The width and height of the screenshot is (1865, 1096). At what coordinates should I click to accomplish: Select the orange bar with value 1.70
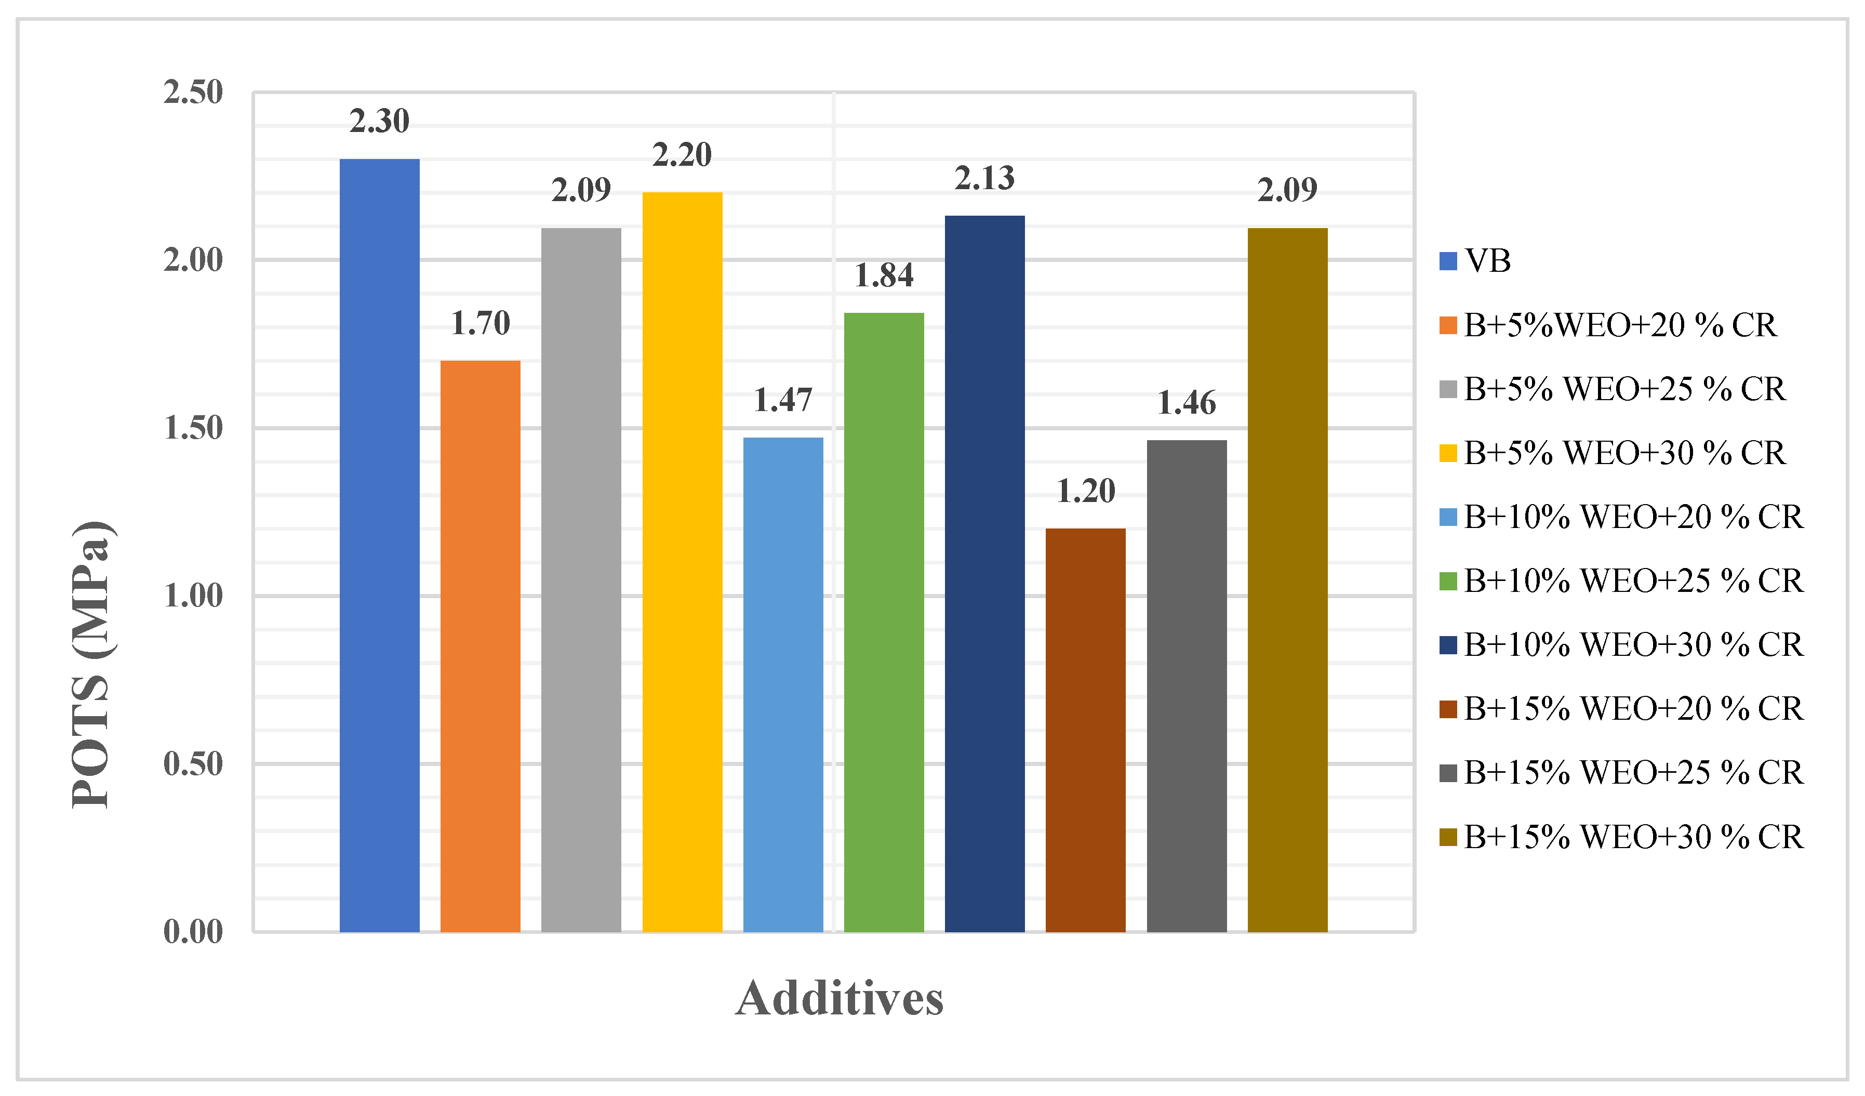(x=481, y=646)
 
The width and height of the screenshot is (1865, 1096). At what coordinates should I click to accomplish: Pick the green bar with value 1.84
(x=884, y=622)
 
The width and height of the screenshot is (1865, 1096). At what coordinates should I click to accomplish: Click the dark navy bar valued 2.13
(x=984, y=573)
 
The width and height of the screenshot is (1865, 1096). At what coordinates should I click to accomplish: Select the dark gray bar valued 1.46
(x=1187, y=686)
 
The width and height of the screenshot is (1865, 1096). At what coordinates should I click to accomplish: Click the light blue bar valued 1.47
(x=783, y=684)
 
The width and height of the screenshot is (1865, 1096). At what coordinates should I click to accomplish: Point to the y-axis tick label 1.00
(x=192, y=596)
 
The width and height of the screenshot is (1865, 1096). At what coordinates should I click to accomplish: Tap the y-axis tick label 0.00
(x=192, y=932)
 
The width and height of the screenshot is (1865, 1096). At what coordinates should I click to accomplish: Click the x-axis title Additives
(x=840, y=999)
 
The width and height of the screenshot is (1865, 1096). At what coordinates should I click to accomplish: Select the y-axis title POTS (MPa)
(x=92, y=664)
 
